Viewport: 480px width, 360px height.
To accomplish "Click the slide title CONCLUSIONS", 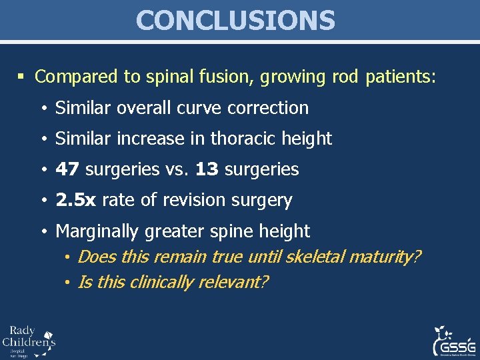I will pos(235,20).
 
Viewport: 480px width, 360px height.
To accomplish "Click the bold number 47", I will pos(67,169).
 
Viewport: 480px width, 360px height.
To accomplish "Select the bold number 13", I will pos(207,169).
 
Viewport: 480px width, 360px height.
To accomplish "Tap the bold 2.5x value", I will pos(76,200).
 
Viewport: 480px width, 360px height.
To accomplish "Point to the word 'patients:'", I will pos(401,77).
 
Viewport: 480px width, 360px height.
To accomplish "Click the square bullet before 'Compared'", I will pos(23,77).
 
